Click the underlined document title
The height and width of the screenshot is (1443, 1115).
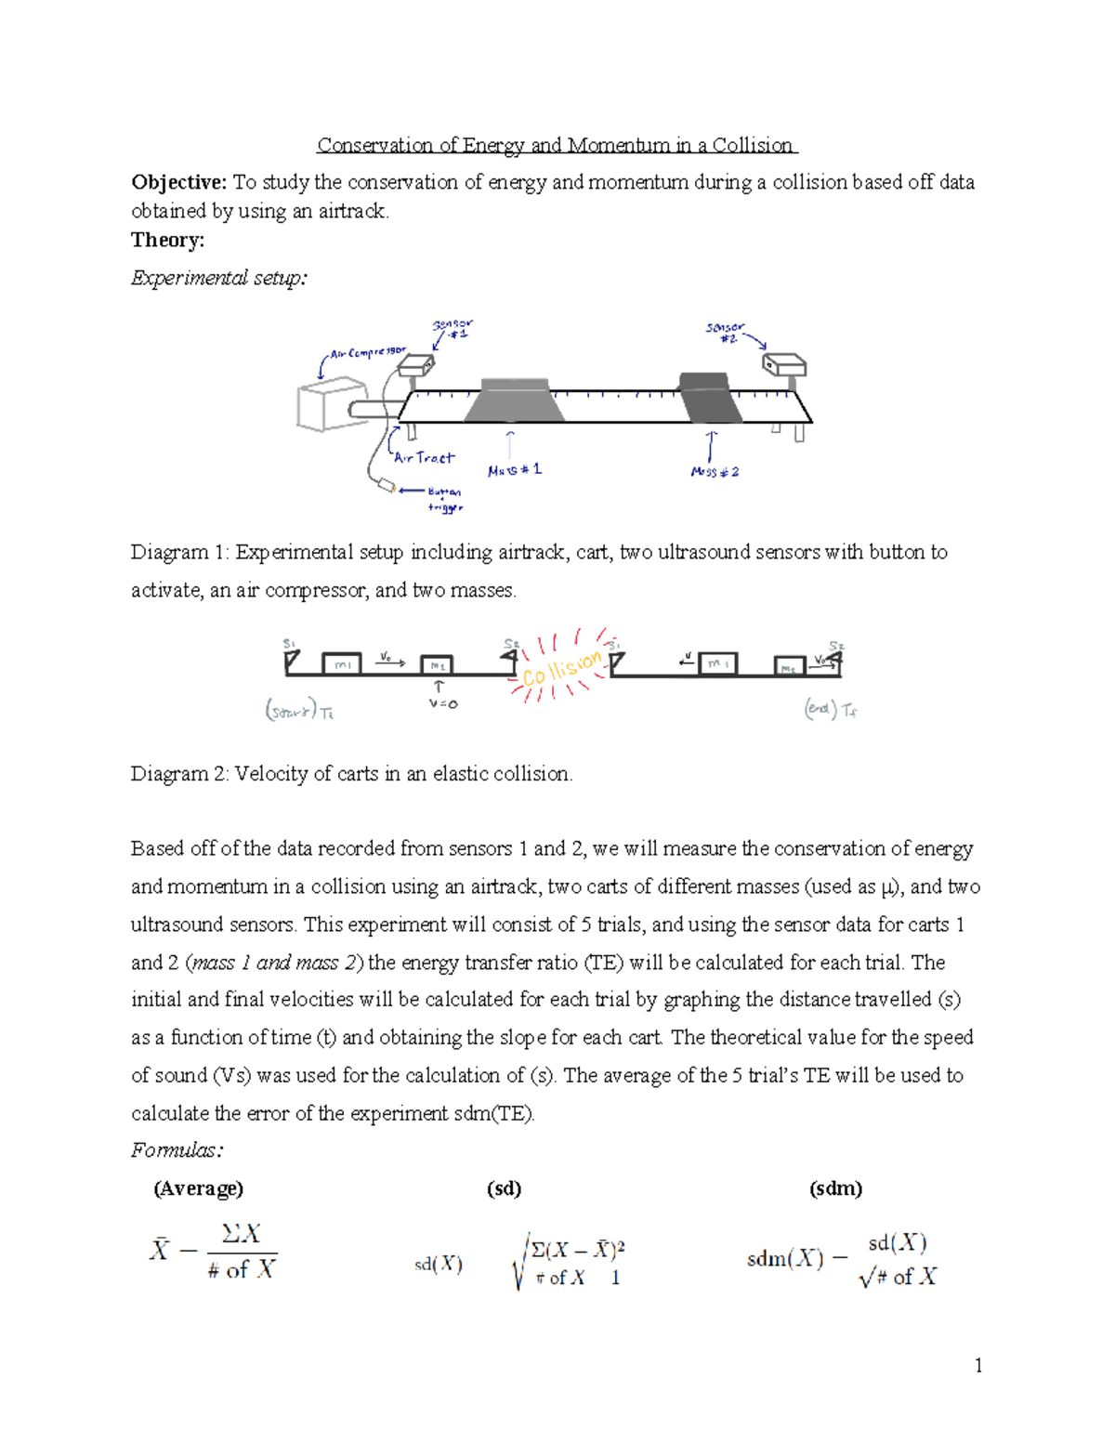[x=556, y=146]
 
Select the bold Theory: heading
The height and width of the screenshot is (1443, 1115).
[x=167, y=240]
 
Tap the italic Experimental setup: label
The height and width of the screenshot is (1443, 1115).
[x=218, y=278]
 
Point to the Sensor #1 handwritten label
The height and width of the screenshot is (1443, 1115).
[x=453, y=329]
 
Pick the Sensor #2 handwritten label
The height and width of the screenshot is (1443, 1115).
[x=726, y=333]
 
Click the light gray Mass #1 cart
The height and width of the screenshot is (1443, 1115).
[x=514, y=400]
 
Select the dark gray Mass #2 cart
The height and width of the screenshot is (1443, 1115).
[x=711, y=397]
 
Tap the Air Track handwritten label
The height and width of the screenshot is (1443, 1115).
[x=424, y=457]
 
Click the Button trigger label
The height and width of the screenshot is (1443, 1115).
[x=444, y=499]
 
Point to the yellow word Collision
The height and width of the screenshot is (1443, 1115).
[x=561, y=668]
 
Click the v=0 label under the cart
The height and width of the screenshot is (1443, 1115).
[x=442, y=704]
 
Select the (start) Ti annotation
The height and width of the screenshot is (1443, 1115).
[x=299, y=712]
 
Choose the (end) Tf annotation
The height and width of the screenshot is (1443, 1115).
[x=830, y=710]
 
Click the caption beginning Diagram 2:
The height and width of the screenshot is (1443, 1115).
[x=351, y=774]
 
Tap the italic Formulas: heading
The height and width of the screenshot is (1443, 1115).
[x=177, y=1150]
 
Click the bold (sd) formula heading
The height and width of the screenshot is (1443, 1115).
[x=504, y=1188]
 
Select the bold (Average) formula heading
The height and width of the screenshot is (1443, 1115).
[x=198, y=1188]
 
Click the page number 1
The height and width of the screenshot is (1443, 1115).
[x=977, y=1365]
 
